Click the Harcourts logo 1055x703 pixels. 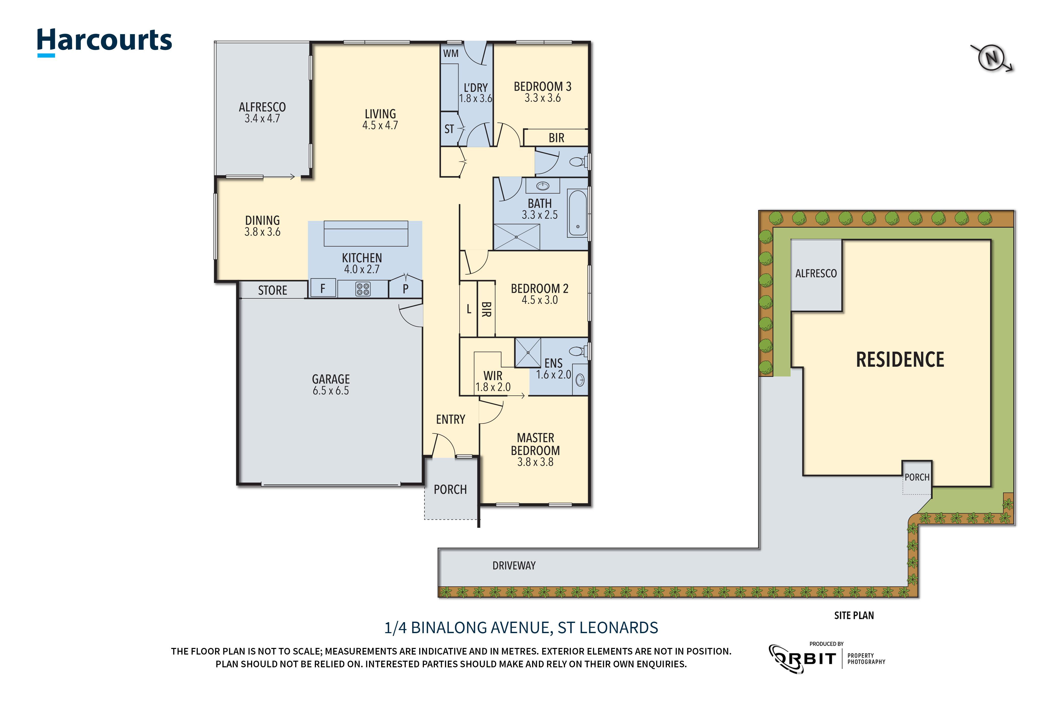point(104,41)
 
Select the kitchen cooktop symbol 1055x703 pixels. point(363,289)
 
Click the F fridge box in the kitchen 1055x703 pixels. point(322,289)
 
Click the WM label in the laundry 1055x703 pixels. point(450,53)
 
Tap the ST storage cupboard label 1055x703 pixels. point(449,129)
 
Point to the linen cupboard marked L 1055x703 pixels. point(469,309)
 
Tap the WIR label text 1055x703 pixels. point(493,376)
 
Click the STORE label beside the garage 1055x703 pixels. point(272,290)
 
